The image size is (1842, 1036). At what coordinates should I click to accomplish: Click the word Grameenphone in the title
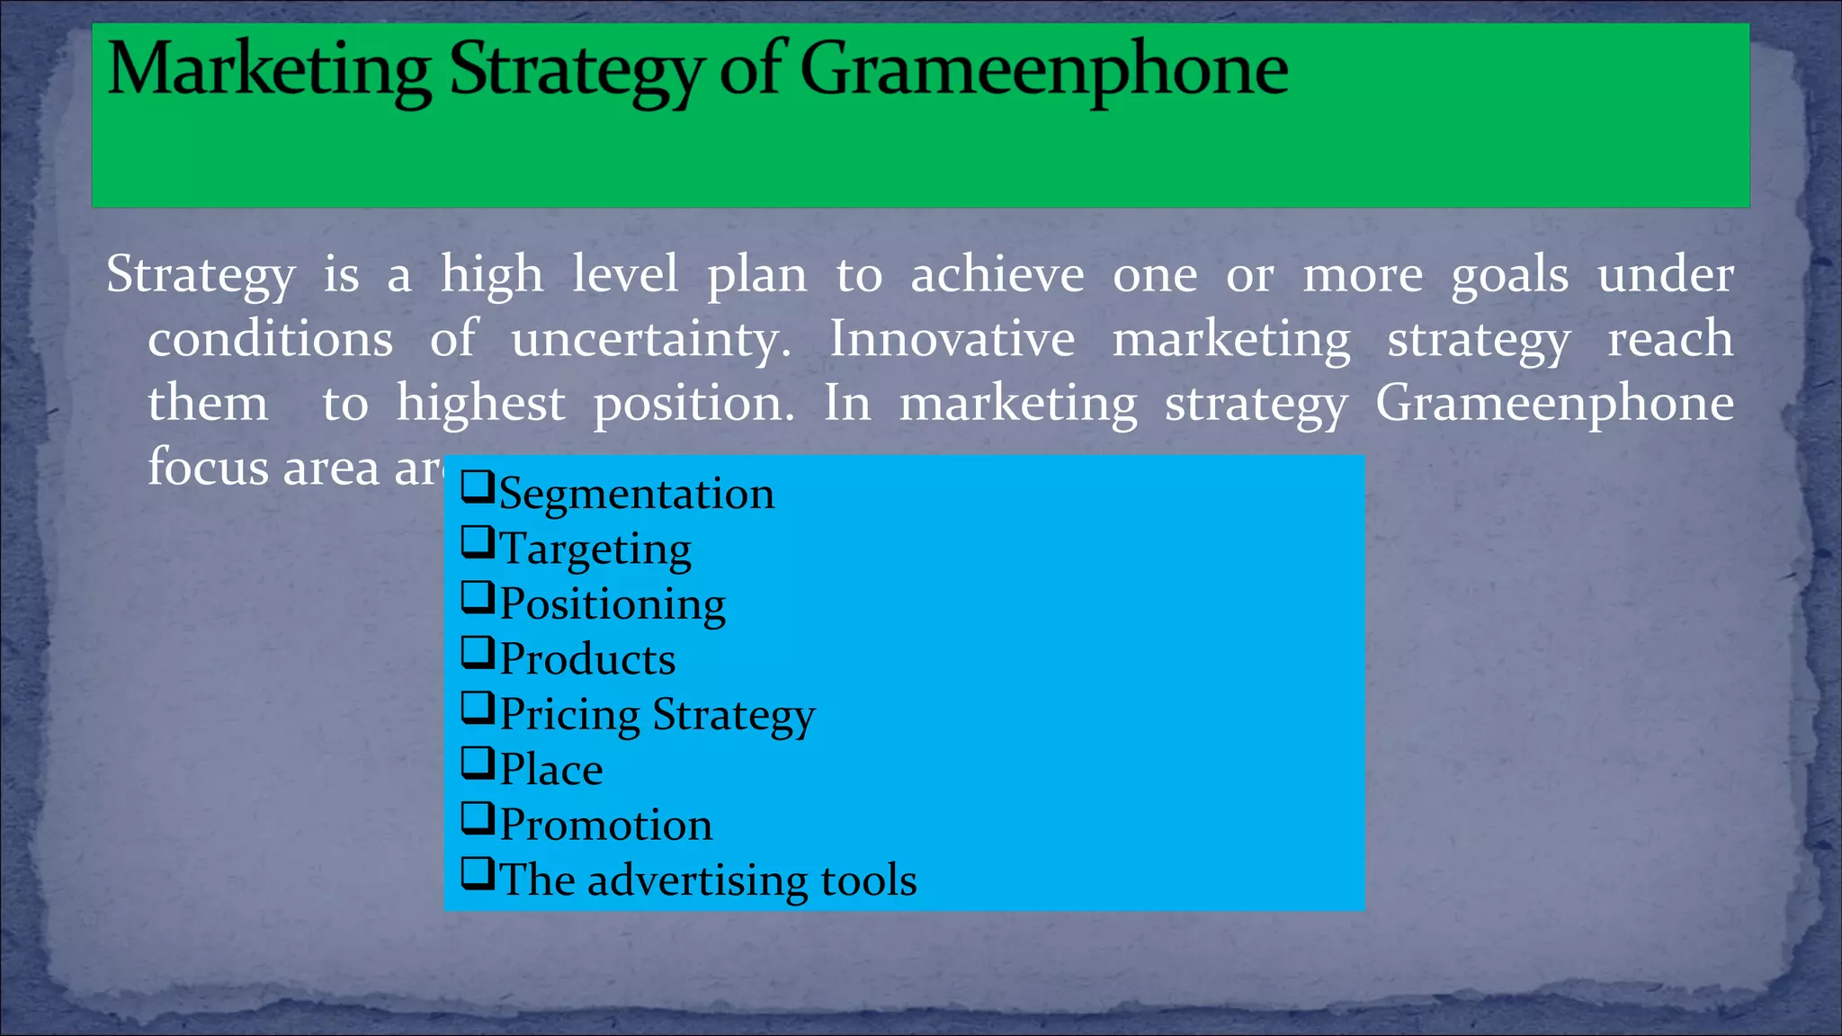coord(1043,70)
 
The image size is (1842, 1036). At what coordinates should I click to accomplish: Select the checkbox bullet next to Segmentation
coord(478,487)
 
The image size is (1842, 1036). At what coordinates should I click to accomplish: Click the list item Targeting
coord(595,549)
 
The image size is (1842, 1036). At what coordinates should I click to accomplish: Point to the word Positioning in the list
coord(612,603)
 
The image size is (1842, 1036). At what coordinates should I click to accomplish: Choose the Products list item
coord(586,659)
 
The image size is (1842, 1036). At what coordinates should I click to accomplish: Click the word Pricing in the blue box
coord(569,715)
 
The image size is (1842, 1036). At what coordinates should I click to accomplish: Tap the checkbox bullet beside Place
coord(478,764)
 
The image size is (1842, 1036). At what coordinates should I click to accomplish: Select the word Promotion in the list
coord(605,825)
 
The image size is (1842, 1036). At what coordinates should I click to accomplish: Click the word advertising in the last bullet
coord(697,880)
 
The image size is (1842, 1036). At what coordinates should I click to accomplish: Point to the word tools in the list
coord(869,880)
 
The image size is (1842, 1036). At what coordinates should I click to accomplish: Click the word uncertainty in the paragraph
coord(651,340)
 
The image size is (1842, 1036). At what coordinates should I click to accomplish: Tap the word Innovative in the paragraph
coord(952,339)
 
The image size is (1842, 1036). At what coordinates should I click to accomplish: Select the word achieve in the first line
coord(997,274)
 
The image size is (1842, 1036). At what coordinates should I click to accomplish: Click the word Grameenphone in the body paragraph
coord(1554,404)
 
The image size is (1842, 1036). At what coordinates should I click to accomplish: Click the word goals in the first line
coord(1510,275)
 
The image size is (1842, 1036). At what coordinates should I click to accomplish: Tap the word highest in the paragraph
coord(481,404)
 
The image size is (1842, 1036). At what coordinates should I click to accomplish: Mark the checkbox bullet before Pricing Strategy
coord(478,709)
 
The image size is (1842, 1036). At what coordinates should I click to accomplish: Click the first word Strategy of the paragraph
coord(201,275)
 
